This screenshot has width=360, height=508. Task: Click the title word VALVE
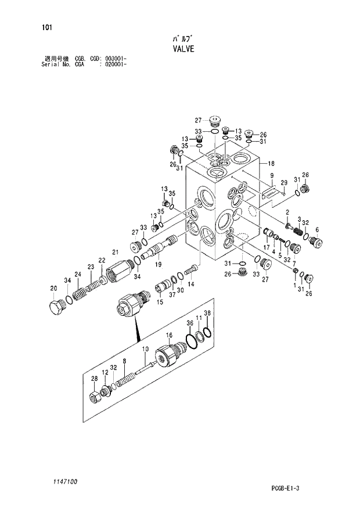click(x=179, y=49)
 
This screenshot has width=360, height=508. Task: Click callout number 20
click(x=53, y=288)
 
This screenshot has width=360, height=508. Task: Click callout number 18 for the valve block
click(x=271, y=164)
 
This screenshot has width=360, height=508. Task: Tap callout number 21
click(x=114, y=251)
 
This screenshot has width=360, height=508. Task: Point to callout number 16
click(x=169, y=335)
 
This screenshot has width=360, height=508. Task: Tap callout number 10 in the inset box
click(x=145, y=348)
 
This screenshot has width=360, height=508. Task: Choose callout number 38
click(x=208, y=314)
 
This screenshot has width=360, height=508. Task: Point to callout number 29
click(x=284, y=183)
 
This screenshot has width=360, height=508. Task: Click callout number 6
click(x=317, y=229)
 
